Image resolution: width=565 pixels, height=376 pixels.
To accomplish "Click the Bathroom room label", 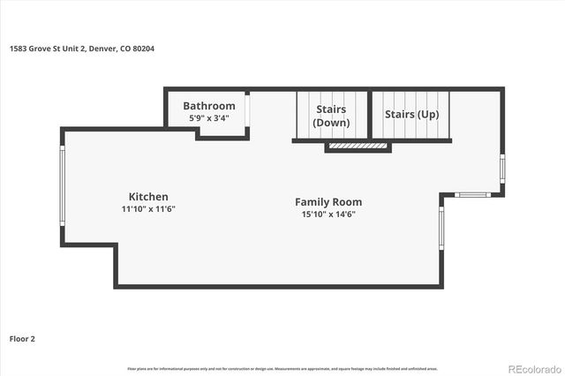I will click(x=209, y=106).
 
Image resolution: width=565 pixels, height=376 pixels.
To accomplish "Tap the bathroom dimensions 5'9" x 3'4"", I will click(x=209, y=117).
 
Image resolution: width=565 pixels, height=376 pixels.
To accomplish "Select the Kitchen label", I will click(x=148, y=197).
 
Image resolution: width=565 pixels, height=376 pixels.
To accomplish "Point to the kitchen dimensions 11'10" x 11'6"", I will click(x=148, y=209).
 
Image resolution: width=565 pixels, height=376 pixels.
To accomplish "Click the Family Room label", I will click(x=328, y=202).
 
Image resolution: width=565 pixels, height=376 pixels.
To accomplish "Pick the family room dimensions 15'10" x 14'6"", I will click(x=328, y=214).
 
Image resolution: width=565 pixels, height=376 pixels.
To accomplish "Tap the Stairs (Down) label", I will click(x=331, y=116).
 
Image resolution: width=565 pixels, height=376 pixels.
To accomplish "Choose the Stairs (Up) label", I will click(x=411, y=115).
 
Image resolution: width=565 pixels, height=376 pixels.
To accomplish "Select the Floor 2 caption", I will click(x=22, y=338).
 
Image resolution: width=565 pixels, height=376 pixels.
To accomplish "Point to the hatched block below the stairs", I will click(x=358, y=147).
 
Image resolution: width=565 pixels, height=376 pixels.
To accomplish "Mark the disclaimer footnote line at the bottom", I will click(x=282, y=368).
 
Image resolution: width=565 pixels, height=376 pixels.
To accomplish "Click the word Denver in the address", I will click(x=106, y=49).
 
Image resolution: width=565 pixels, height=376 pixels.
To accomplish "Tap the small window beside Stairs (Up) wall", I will click(x=502, y=168).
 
